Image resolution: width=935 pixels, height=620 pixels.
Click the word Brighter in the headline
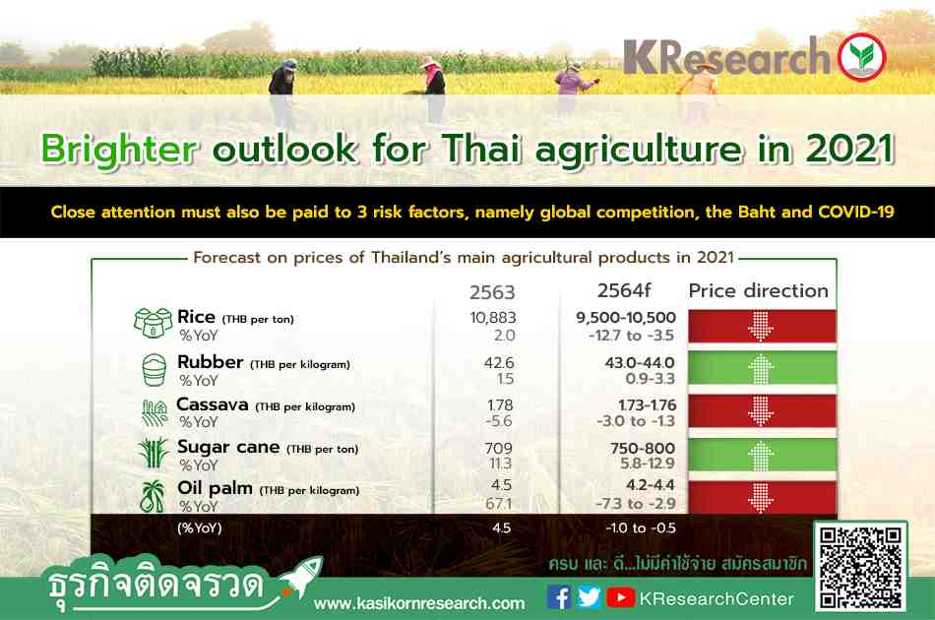point(118,150)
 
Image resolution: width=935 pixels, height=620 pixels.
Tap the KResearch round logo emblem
point(861,57)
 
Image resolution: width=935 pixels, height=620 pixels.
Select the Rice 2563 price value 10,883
point(492,318)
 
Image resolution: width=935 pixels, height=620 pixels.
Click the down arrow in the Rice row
point(760,326)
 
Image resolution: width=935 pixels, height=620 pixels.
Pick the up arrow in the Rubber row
point(760,369)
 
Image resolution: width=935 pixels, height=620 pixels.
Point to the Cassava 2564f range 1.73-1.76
point(647,405)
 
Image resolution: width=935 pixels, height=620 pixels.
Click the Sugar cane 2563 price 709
point(499,448)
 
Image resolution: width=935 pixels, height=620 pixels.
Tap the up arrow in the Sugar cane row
point(760,456)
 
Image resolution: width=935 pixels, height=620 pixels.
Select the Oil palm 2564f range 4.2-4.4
point(650,485)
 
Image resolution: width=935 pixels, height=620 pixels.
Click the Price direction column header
point(759,290)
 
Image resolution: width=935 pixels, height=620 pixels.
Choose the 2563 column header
point(492,292)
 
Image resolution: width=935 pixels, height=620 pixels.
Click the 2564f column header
point(624,290)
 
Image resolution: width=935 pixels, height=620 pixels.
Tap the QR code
point(860,566)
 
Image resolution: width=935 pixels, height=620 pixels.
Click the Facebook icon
point(559,597)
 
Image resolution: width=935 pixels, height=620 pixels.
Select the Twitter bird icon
point(589,597)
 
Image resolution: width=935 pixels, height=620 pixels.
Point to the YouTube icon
point(620,597)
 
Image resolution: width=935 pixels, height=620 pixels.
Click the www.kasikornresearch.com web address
point(419,604)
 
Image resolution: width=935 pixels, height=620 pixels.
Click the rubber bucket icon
point(155,370)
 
